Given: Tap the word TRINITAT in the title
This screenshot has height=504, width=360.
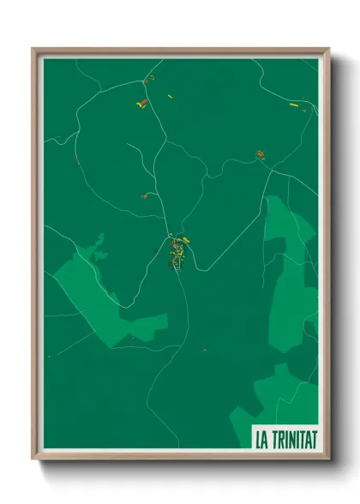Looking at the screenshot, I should pyautogui.click(x=293, y=438).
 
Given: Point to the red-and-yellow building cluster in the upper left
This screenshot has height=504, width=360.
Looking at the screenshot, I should pyautogui.click(x=141, y=103).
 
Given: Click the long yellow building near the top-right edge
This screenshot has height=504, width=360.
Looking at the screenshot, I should pyautogui.click(x=293, y=105).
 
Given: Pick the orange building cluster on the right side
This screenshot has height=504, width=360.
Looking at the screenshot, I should pyautogui.click(x=260, y=155).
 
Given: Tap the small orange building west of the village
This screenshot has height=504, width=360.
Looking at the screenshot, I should pyautogui.click(x=145, y=196).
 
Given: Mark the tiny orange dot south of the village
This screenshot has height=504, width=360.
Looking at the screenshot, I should pyautogui.click(x=204, y=350).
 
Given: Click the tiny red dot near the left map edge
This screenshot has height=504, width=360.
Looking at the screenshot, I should pyautogui.click(x=76, y=160).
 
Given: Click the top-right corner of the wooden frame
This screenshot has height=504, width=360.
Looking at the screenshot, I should pyautogui.click(x=327, y=50).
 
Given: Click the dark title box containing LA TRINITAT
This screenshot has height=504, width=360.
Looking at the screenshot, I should pyautogui.click(x=284, y=438).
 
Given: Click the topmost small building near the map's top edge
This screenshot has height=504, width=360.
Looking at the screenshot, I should pyautogui.click(x=152, y=79).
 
